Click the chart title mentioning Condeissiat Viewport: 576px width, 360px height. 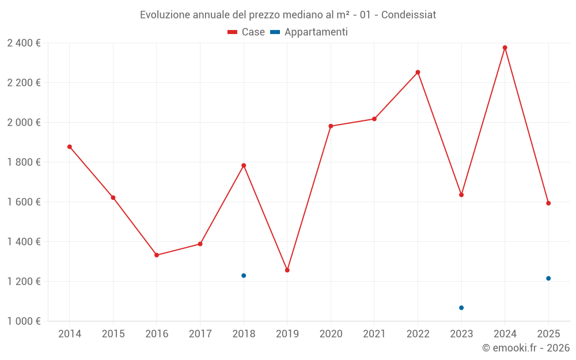point(288,14)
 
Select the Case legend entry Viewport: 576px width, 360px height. point(246,32)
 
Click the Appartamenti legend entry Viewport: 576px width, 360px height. point(309,32)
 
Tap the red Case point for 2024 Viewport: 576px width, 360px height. point(505,48)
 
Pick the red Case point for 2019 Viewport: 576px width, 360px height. point(287,270)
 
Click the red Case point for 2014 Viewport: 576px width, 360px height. point(70,147)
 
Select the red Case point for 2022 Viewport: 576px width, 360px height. point(418,73)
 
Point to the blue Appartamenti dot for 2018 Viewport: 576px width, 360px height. point(244,275)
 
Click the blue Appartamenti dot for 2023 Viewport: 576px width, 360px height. point(461,308)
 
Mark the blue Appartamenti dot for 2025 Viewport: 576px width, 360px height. point(548,278)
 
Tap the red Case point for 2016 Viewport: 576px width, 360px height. point(157,255)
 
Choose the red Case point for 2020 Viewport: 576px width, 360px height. point(331,126)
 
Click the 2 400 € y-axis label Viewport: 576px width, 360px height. point(24,43)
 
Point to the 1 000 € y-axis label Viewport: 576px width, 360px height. point(24,321)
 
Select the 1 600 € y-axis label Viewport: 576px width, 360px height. point(24,202)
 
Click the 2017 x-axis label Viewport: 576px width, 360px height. point(200,334)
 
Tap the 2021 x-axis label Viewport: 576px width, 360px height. point(374,334)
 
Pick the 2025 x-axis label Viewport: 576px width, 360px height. point(548,334)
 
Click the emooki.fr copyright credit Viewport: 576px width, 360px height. point(525,348)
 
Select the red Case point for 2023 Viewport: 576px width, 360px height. point(461,195)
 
